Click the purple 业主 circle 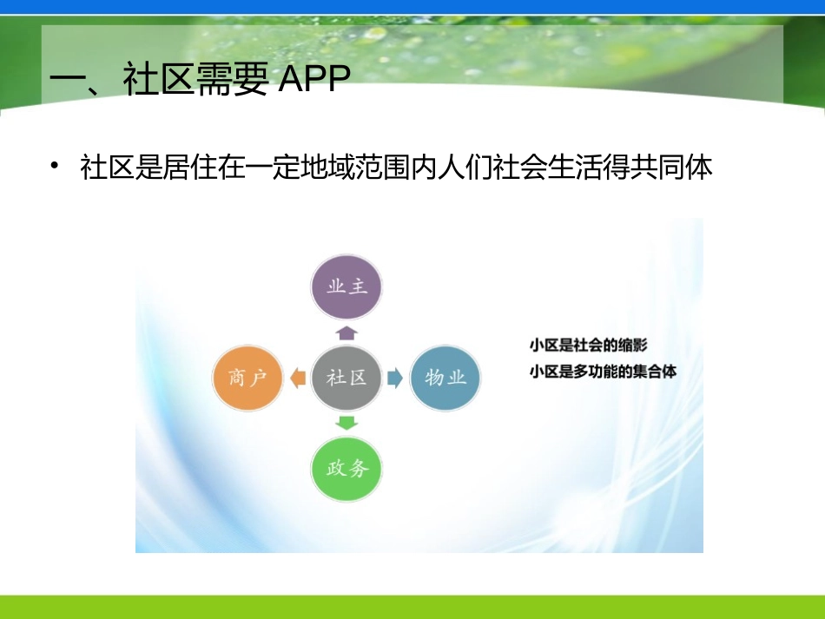pos(346,286)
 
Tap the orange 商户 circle pos(248,377)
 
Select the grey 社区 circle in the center pos(346,377)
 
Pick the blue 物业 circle pos(445,377)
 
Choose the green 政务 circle pos(346,469)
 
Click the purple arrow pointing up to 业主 pos(346,332)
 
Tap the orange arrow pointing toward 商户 pos(298,378)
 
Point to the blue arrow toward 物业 pos(395,378)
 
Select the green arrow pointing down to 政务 pos(346,423)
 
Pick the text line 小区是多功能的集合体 pos(603,372)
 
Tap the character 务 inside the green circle pos(358,469)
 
